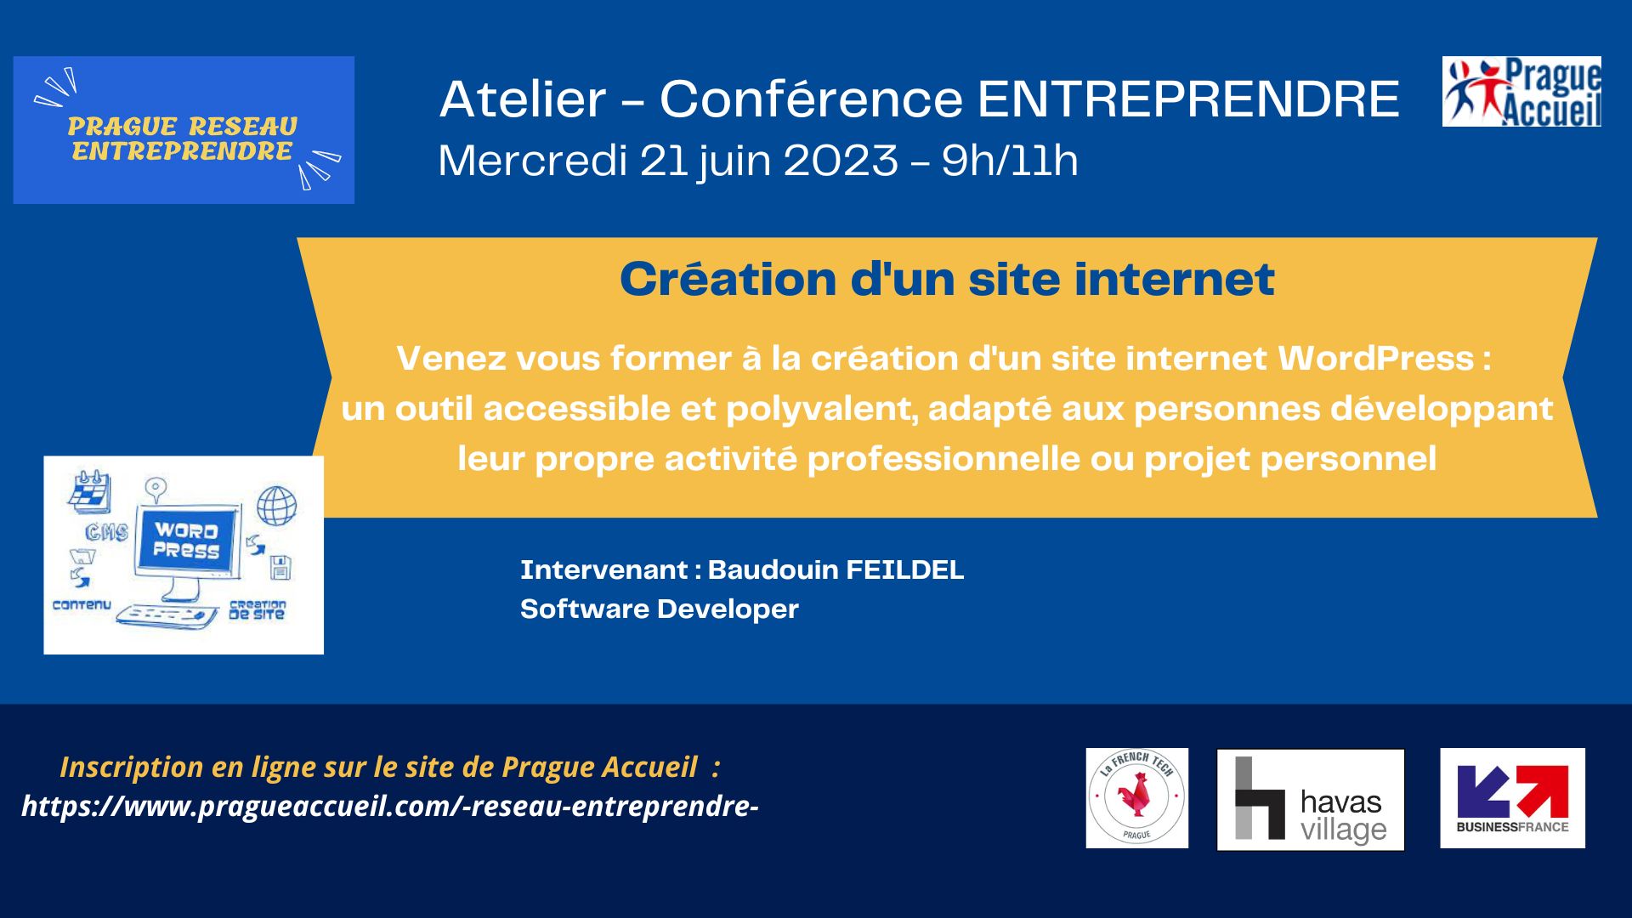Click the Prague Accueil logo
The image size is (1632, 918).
tap(1521, 92)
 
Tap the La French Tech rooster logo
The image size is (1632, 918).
tap(1137, 798)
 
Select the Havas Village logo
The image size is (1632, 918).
tap(1311, 800)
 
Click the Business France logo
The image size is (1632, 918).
tap(1513, 798)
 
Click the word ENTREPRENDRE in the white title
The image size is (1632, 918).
tap(1188, 99)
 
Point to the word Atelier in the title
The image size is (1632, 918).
tap(523, 99)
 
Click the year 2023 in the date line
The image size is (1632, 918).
tap(841, 160)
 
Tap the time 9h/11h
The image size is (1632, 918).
tap(1010, 160)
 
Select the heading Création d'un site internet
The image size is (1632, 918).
tap(947, 279)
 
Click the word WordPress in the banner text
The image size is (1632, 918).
tap(1376, 359)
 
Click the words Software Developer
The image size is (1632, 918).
tap(660, 609)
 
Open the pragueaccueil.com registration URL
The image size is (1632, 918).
tap(390, 806)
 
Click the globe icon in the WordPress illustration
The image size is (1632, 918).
tap(277, 506)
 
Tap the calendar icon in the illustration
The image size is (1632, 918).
tap(90, 490)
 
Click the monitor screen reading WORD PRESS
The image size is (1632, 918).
tap(187, 541)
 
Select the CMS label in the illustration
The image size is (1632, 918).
tap(106, 533)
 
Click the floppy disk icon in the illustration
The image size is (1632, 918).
tap(280, 567)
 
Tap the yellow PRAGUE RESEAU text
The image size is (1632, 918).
tap(183, 127)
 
